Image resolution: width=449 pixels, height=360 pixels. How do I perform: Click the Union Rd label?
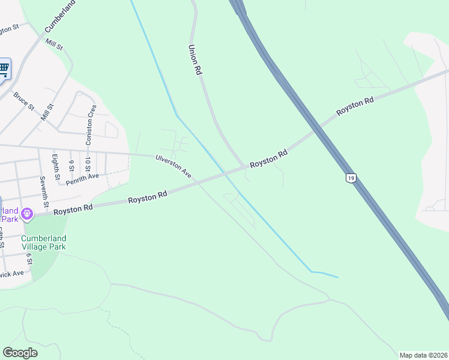click(x=194, y=59)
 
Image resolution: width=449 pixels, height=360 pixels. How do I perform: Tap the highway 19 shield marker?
click(x=350, y=178)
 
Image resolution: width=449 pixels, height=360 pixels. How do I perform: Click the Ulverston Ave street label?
click(x=173, y=166)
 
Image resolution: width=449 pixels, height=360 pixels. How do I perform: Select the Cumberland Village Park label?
click(x=44, y=242)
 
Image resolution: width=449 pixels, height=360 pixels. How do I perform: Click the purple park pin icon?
click(x=26, y=213)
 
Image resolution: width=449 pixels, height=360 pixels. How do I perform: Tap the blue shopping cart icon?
click(x=4, y=69)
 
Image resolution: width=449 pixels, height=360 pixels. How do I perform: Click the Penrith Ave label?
click(x=82, y=177)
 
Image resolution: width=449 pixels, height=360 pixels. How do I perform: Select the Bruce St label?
click(x=23, y=100)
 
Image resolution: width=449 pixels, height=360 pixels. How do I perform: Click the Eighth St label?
click(x=56, y=167)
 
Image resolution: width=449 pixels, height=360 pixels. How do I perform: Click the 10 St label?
click(x=88, y=164)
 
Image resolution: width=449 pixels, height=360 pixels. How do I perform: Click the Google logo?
click(x=20, y=353)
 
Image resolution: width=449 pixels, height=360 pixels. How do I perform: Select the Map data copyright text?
click(x=423, y=355)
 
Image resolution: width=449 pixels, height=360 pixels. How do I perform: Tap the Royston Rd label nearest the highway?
click(x=355, y=107)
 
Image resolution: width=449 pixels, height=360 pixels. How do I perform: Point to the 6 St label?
click(x=29, y=258)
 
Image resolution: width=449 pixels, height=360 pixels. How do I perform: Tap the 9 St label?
click(x=71, y=164)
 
